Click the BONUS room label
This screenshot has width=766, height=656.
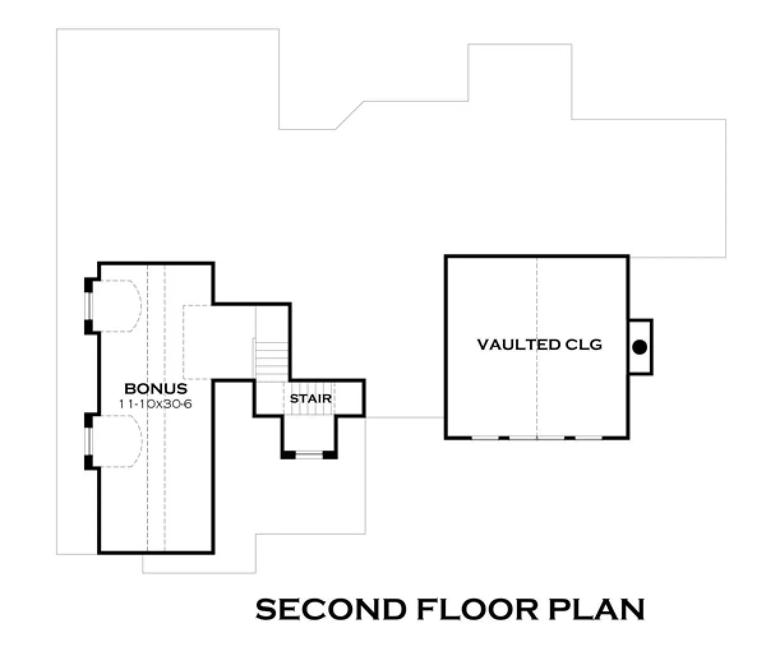coord(156,389)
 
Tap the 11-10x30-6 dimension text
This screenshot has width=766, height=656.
coord(155,404)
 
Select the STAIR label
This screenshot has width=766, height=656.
coord(310,399)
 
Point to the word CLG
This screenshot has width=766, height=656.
coord(583,345)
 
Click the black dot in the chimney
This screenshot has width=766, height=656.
coord(640,347)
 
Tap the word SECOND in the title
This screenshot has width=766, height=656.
coord(331,609)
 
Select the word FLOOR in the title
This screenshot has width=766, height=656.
coord(477,609)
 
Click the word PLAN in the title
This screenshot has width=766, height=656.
coord(596,609)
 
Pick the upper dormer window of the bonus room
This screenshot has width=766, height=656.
coord(89,306)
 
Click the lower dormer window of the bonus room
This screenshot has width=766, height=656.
coord(89,442)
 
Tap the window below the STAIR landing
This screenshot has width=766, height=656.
coord(310,455)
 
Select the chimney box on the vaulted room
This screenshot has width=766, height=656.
coord(640,347)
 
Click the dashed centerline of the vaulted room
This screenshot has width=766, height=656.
coord(537,347)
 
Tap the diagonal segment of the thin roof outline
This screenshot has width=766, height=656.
coord(349,116)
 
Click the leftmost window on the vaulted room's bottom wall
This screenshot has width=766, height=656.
coord(485,438)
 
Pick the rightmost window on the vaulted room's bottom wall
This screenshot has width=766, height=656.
coord(589,438)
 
